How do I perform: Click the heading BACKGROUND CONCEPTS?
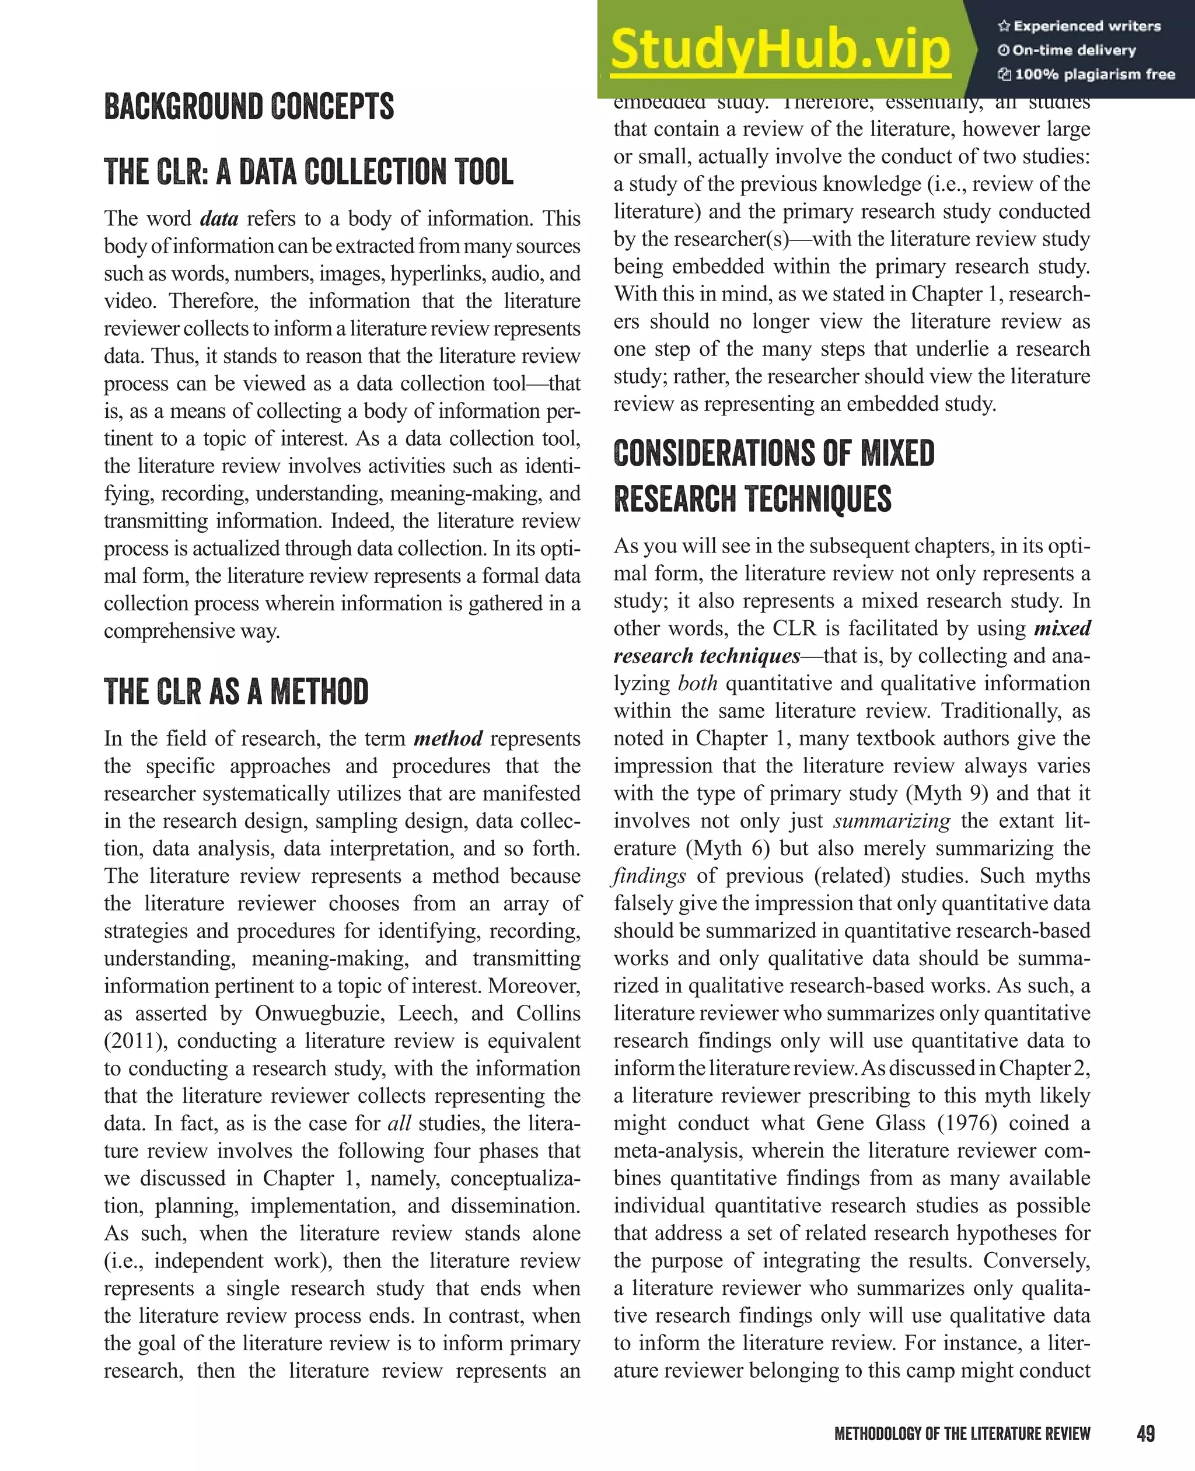pyautogui.click(x=249, y=107)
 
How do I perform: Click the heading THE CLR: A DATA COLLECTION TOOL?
pyautogui.click(x=309, y=172)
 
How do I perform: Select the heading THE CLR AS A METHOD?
pyautogui.click(x=236, y=692)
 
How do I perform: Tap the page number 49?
pyautogui.click(x=1145, y=1433)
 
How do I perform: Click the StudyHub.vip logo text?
pyautogui.click(x=780, y=50)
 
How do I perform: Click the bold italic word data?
pyautogui.click(x=219, y=219)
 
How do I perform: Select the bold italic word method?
pyautogui.click(x=448, y=739)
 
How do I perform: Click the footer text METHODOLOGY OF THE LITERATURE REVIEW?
pyautogui.click(x=962, y=1434)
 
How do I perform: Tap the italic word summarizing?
pyautogui.click(x=892, y=821)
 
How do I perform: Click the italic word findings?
pyautogui.click(x=648, y=876)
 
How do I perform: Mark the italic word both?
pyautogui.click(x=697, y=683)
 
